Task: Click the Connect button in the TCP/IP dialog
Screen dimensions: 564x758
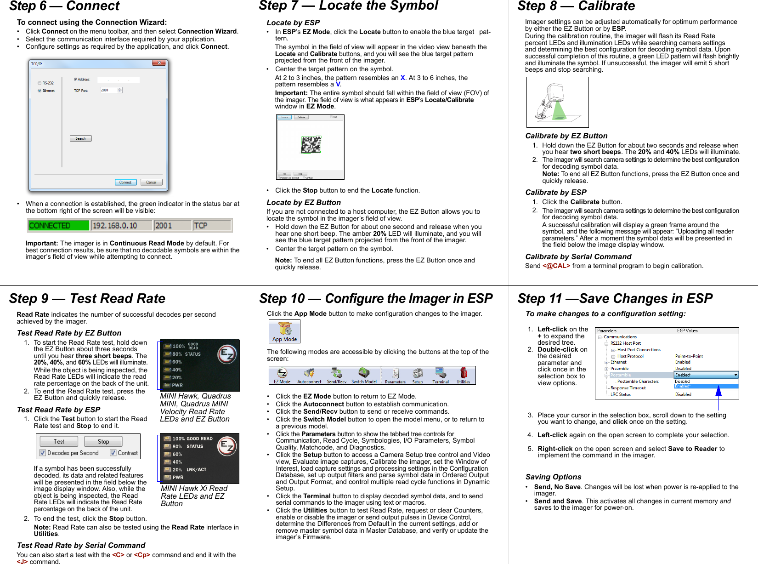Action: (125, 182)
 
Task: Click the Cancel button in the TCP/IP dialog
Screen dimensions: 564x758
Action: (151, 182)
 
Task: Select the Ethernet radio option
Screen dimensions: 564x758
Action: (40, 91)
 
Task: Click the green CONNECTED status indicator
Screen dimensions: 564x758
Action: (58, 226)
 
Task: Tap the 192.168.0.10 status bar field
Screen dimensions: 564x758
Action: (121, 226)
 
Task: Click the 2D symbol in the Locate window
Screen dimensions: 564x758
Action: (311, 145)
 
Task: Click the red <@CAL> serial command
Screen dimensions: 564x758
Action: (556, 266)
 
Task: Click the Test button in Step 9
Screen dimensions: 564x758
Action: (59, 442)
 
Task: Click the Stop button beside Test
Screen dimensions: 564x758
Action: (103, 442)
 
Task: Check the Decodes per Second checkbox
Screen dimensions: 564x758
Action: (43, 453)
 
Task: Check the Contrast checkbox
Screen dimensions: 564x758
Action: (113, 453)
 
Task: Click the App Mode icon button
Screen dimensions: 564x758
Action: (284, 331)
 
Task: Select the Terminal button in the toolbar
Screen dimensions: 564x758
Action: (441, 376)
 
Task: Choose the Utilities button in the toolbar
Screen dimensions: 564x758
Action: (463, 376)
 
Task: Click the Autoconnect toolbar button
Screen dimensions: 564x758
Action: (309, 376)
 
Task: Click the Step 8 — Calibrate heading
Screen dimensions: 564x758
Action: (576, 6)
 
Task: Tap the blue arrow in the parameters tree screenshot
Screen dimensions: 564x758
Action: (718, 391)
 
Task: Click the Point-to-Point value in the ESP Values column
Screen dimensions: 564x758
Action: (689, 356)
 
